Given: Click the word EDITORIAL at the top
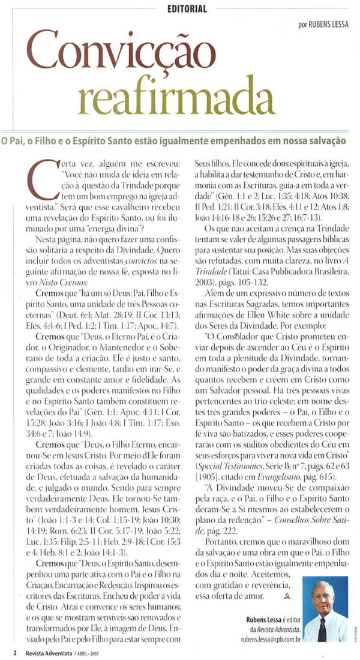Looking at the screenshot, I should coord(187,9).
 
